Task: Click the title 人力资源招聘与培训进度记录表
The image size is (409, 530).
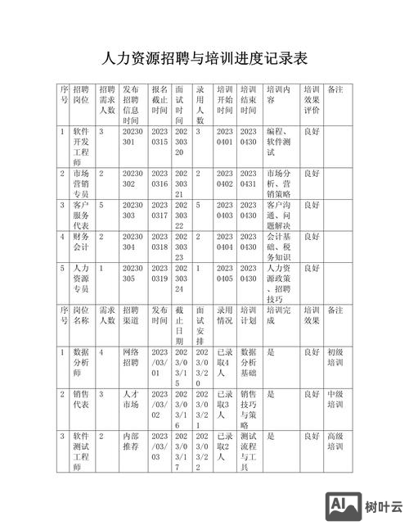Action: tap(204, 59)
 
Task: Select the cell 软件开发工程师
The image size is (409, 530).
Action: tap(81, 146)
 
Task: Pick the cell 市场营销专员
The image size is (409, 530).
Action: tap(81, 183)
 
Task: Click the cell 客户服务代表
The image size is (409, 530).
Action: tap(81, 215)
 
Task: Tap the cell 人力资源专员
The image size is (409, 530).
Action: tap(81, 279)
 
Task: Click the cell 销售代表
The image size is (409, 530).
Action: tap(81, 400)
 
